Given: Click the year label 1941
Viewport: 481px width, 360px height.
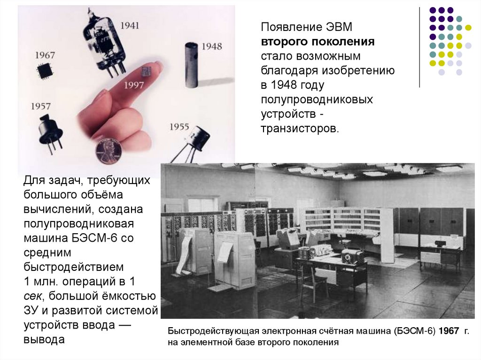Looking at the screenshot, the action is point(130,25).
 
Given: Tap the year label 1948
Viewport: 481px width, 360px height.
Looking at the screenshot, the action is point(212,46).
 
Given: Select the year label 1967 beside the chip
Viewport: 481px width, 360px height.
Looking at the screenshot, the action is point(45,55).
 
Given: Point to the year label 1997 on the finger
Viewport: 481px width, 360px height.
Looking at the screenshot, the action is point(134,84).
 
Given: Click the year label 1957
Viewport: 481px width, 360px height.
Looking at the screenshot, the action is point(40,106).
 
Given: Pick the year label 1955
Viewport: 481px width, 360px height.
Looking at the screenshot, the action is point(179,127).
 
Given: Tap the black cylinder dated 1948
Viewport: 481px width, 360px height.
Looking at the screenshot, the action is point(192,65).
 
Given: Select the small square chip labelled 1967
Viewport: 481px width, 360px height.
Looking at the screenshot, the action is point(45,71).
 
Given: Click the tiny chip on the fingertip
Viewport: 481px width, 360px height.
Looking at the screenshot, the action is point(146,71).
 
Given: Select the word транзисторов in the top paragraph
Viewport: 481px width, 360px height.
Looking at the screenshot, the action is point(300,129).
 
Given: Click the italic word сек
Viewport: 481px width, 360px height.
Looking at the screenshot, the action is point(32,296).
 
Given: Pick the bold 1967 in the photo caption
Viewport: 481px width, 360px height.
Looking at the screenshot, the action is point(449,331).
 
